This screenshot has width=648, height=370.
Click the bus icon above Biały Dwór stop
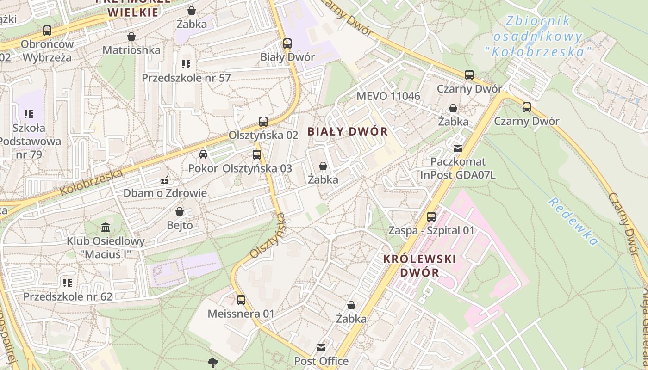pos(287,43)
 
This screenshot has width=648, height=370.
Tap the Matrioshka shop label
pos(131,50)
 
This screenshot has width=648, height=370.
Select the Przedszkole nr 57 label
pos(186,78)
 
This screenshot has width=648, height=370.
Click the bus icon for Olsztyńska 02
pos(263,122)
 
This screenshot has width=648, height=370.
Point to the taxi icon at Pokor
pos(203,154)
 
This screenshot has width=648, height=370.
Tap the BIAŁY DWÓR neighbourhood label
pos(348,131)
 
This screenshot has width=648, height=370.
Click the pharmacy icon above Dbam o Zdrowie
pos(165,179)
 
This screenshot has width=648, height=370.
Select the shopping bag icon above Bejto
pos(180,211)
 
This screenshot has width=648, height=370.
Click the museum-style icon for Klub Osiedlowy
pos(106,227)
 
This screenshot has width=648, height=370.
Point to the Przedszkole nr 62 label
pos(68,296)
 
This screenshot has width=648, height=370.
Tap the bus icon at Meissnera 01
pos(241,300)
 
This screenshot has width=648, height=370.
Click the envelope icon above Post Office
pos(321,347)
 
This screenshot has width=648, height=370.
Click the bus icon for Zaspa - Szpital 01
pos(431,216)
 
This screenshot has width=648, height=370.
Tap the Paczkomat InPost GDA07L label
pos(458,168)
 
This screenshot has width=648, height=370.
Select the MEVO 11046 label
pos(388,96)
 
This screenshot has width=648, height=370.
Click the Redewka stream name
pos(573,222)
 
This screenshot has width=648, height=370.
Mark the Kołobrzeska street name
pos(92,182)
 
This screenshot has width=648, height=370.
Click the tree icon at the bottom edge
pos(213,362)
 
